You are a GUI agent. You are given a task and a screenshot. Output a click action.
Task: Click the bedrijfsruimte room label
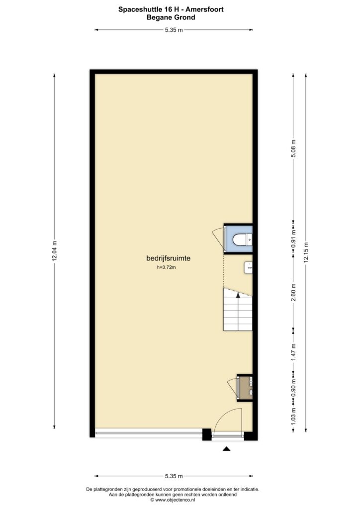[168, 258]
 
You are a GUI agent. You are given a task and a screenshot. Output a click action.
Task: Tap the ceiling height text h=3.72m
[166, 268]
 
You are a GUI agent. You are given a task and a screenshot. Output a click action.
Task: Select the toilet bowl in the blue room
[240, 240]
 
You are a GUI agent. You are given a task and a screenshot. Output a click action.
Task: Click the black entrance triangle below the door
[226, 449]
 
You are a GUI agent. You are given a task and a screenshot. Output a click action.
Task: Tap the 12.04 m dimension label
[54, 251]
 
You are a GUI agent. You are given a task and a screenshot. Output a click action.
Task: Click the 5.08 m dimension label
[293, 149]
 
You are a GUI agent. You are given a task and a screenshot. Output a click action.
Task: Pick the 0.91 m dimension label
[293, 239]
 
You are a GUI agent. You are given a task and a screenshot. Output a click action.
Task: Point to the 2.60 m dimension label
[293, 292]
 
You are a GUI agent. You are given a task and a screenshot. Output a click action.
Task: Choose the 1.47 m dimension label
[293, 352]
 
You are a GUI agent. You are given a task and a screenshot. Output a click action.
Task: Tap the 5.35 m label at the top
[174, 30]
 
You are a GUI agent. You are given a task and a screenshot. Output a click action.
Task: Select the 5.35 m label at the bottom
[174, 476]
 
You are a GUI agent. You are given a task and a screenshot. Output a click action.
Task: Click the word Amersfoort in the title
[204, 9]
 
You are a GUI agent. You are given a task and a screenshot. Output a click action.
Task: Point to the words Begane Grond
[171, 17]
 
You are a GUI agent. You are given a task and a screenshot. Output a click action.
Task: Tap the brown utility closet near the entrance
[245, 388]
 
